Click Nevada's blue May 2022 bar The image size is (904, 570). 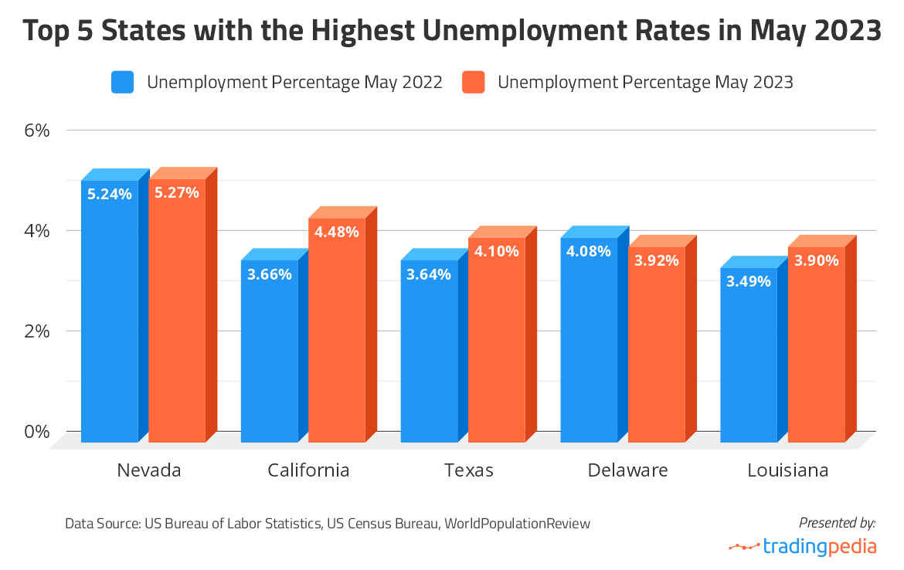pyautogui.click(x=110, y=309)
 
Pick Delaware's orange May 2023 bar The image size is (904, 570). pyautogui.click(x=657, y=344)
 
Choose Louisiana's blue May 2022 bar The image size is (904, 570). pyautogui.click(x=749, y=355)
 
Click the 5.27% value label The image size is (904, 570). pyautogui.click(x=177, y=192)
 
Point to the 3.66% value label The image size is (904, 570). pyautogui.click(x=270, y=273)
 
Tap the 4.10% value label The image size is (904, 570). pyautogui.click(x=497, y=250)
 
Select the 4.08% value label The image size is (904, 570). pyautogui.click(x=589, y=250)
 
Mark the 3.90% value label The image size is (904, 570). pyautogui.click(x=817, y=260)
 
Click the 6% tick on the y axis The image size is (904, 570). pyautogui.click(x=36, y=130)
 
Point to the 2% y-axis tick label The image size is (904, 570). pyautogui.click(x=36, y=331)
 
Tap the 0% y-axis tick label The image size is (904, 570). pyautogui.click(x=36, y=431)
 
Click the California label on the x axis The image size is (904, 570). pyautogui.click(x=308, y=470)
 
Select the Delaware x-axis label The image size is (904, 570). pyautogui.click(x=627, y=470)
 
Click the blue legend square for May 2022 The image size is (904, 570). pyautogui.click(x=123, y=82)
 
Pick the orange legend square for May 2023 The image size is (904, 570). pyautogui.click(x=474, y=82)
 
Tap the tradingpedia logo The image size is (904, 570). pyautogui.click(x=803, y=547)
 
